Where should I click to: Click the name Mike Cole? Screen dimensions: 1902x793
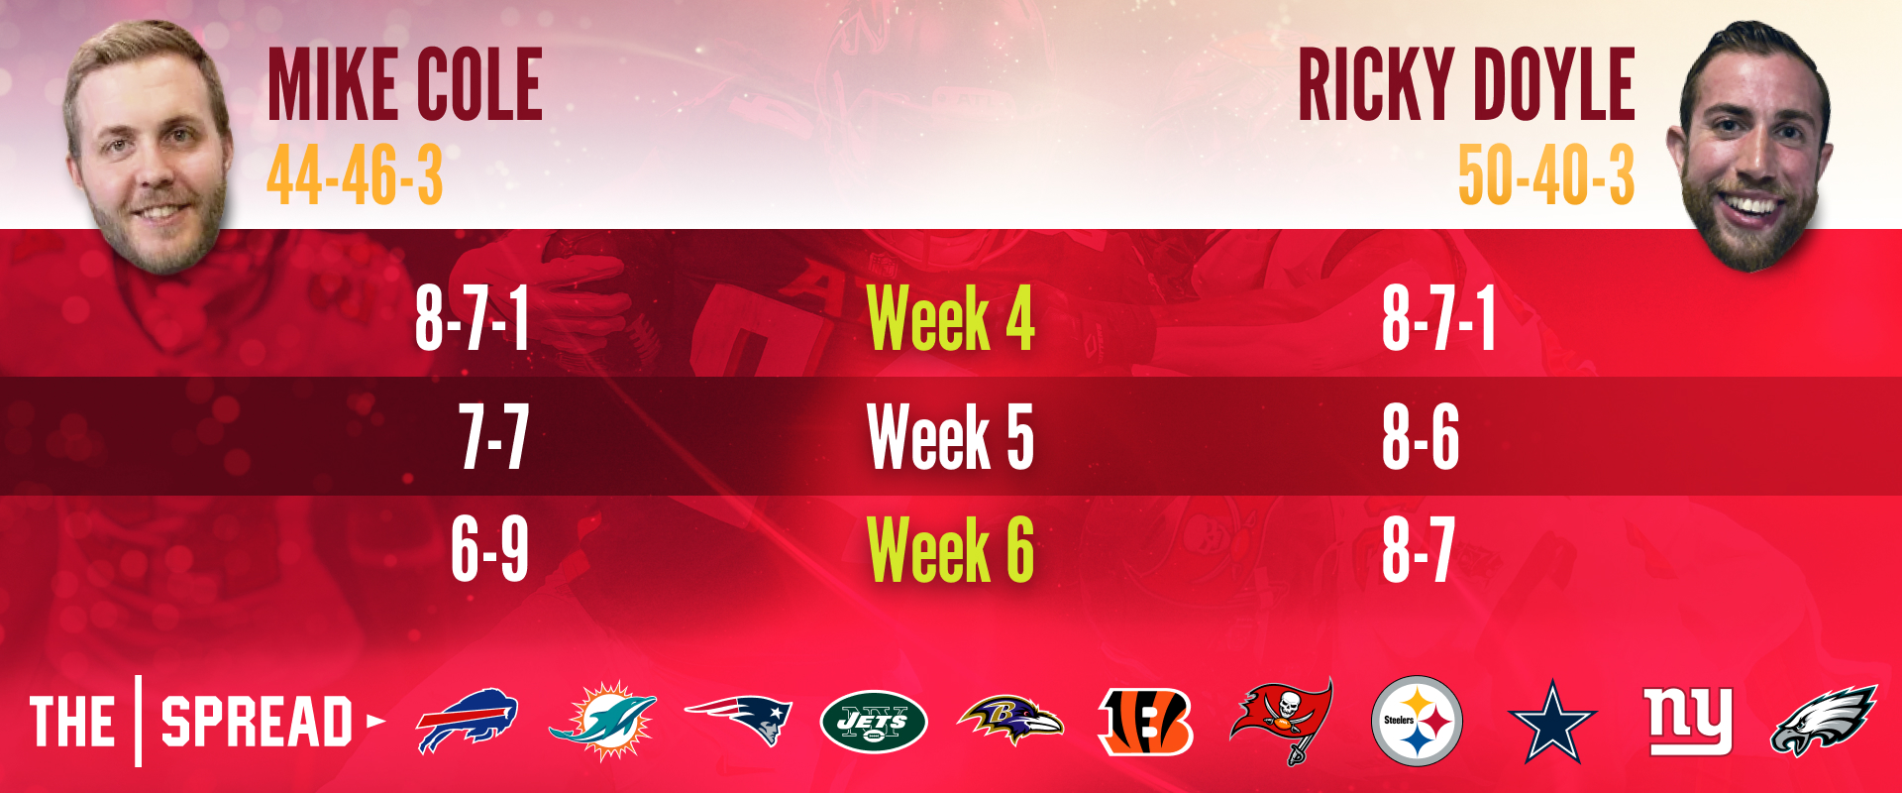[x=405, y=85]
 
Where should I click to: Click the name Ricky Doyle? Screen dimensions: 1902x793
[x=1466, y=85]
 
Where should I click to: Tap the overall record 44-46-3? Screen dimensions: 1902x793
[x=355, y=175]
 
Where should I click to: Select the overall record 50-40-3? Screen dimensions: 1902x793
[x=1546, y=175]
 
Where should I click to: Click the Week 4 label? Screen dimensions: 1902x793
[x=950, y=318]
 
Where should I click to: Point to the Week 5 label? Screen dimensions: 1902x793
[x=950, y=436]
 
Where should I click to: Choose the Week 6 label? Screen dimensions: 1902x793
[x=950, y=549]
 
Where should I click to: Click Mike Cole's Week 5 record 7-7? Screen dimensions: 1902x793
[x=493, y=436]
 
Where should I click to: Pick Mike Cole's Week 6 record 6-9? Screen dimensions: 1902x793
[x=489, y=549]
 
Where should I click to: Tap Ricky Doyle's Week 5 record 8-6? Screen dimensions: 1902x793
[x=1421, y=436]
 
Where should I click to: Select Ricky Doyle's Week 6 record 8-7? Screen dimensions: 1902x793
[x=1419, y=549]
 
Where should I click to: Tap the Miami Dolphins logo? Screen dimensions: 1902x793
[x=602, y=721]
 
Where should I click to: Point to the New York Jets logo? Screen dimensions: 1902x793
[x=874, y=722]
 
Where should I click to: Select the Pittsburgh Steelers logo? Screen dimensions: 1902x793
[x=1418, y=721]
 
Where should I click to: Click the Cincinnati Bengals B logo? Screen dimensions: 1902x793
[x=1146, y=722]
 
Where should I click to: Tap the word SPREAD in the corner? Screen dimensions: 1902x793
[x=257, y=722]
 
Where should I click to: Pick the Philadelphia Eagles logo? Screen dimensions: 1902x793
[x=1824, y=721]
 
